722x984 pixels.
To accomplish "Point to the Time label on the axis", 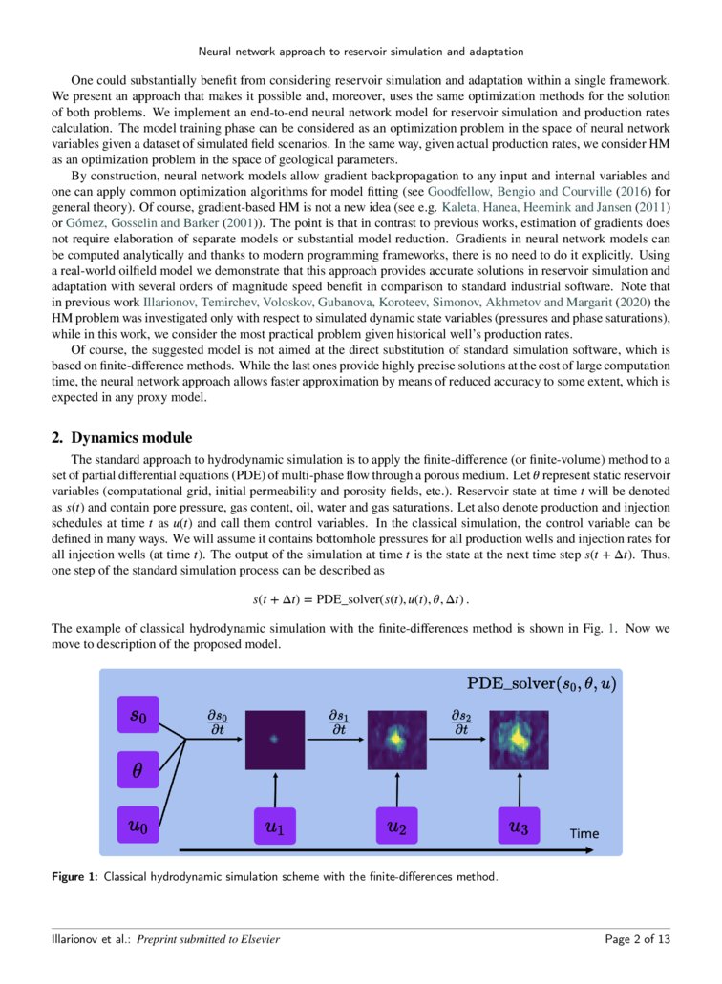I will coord(584,833).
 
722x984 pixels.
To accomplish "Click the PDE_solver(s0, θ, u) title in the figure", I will coord(541,684).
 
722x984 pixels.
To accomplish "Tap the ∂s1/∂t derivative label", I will coord(338,722).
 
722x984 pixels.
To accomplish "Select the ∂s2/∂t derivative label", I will coord(460,722).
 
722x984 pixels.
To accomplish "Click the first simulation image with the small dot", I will coord(274,740).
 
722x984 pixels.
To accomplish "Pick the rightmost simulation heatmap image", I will coord(519,740).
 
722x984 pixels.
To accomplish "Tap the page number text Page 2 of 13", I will coord(637,939).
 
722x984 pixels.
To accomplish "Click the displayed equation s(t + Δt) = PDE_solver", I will coord(360,600).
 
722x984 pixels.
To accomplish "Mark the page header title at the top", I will coord(360,50).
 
